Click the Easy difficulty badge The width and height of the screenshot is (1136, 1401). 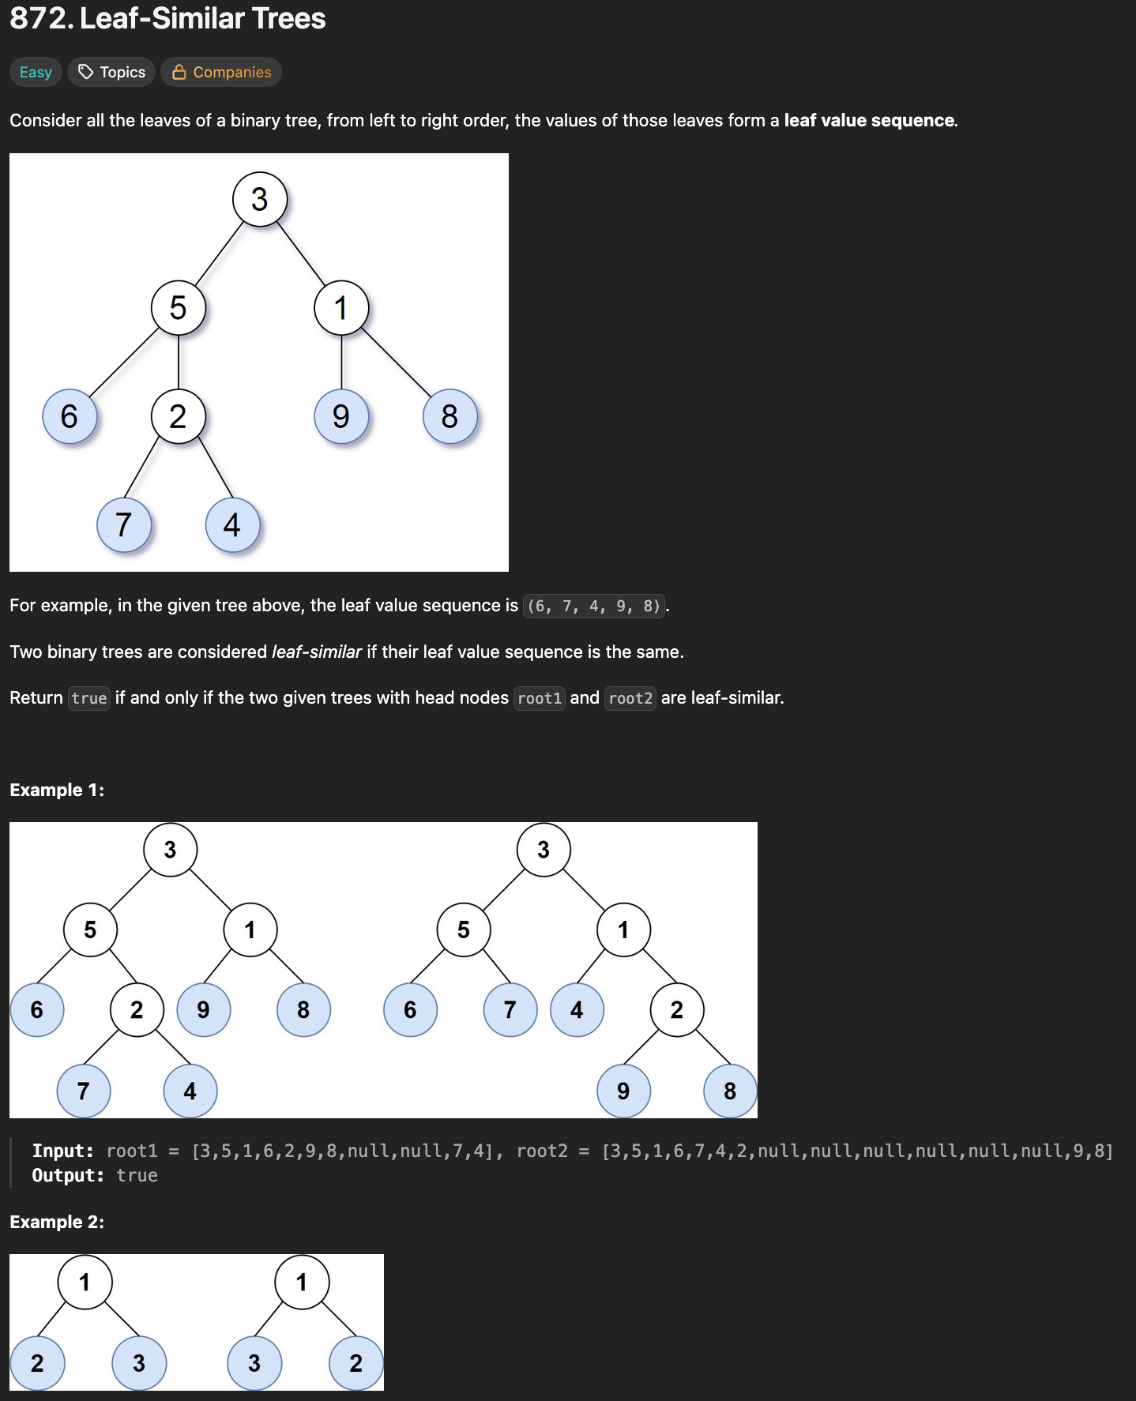pos(36,72)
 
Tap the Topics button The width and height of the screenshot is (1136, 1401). pos(111,72)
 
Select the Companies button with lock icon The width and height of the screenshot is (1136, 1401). pos(221,72)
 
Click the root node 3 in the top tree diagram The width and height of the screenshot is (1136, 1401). pos(259,200)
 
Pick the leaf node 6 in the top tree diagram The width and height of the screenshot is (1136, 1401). pos(70,416)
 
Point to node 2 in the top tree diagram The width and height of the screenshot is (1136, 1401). pos(179,416)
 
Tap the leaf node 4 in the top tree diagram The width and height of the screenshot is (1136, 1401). pos(232,525)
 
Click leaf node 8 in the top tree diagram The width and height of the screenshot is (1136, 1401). pos(450,416)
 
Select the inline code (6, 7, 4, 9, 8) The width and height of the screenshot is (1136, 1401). pos(593,606)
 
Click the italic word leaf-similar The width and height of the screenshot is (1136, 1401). pos(317,652)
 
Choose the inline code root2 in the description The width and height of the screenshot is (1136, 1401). pos(630,698)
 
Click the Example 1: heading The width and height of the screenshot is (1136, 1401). pos(57,790)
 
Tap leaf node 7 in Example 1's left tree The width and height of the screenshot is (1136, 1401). pos(83,1091)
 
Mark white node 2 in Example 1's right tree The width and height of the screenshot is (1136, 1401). pos(676,1009)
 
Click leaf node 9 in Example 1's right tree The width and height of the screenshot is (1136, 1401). pos(623,1091)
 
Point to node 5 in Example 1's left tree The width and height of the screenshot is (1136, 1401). pos(90,930)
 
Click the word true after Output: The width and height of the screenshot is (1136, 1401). pos(137,1175)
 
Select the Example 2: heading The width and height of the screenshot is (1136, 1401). pos(57,1222)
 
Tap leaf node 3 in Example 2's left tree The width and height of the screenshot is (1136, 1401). pos(139,1362)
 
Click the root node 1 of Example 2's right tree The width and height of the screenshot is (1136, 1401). pos(301,1282)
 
